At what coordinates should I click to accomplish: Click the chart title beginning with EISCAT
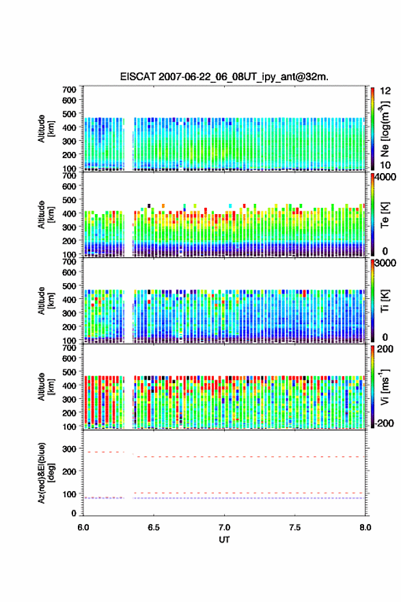point(224,77)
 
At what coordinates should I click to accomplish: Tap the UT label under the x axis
point(224,540)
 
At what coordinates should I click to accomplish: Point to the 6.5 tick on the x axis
point(154,527)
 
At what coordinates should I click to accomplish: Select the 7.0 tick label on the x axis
point(224,527)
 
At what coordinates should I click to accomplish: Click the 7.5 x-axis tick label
point(295,527)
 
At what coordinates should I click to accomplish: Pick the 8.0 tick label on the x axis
point(365,527)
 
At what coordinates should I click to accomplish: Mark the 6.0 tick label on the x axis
point(83,527)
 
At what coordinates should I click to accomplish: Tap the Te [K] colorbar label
point(385,215)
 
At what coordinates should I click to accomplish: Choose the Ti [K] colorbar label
point(385,300)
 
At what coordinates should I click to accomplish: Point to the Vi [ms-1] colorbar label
point(385,387)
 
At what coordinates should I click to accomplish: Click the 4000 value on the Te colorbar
point(385,177)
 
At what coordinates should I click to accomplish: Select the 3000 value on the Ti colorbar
point(385,263)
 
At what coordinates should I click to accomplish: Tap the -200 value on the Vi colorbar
point(384,423)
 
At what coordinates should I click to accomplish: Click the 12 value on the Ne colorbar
point(385,91)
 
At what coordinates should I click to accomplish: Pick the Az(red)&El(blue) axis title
point(46,473)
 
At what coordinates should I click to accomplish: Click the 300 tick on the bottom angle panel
point(70,449)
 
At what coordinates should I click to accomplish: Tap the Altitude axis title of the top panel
point(46,129)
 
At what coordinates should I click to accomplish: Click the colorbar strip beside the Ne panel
point(372,129)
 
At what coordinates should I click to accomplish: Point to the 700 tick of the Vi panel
point(70,348)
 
